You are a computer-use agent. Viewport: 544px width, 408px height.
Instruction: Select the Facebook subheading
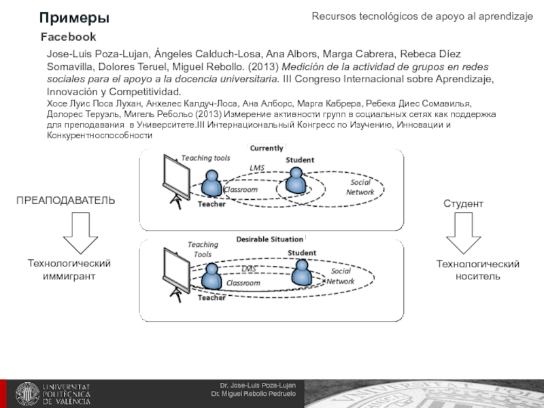pos(68,37)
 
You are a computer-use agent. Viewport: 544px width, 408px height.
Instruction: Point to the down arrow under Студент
pos(463,235)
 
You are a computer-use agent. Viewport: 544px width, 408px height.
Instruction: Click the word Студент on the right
pos(463,204)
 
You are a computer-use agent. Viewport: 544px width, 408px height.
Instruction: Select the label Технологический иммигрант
pos(69,270)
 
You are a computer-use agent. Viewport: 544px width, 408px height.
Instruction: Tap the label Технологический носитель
pos(477,270)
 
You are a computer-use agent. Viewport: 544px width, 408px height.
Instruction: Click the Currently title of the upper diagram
pos(267,148)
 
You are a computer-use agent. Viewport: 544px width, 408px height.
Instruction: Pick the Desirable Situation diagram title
pos(269,239)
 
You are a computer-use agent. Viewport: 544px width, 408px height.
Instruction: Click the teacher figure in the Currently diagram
pos(213,184)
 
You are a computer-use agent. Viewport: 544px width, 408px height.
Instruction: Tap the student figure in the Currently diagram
pos(296,180)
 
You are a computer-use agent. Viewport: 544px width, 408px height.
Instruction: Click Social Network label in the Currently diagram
pos(360,187)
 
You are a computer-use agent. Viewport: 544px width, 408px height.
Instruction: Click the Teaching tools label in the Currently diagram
pos(205,158)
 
